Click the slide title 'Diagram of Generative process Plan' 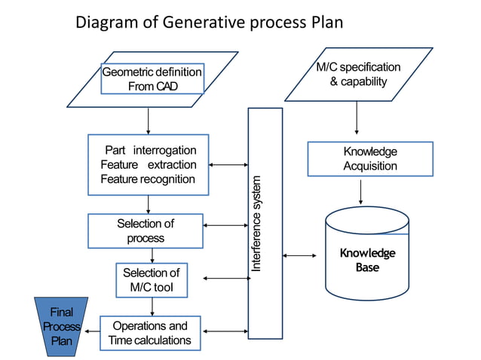tap(209, 23)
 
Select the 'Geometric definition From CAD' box tap(152, 79)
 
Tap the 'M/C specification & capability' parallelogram tap(358, 74)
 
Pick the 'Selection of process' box tap(146, 230)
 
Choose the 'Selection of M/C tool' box tap(151, 281)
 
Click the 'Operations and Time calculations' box tap(150, 333)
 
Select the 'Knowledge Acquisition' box tap(369, 158)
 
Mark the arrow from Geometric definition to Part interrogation tap(148, 120)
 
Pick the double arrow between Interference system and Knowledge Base tap(300, 256)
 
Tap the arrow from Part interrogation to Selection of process tap(148, 204)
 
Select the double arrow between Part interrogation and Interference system tap(228, 164)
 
